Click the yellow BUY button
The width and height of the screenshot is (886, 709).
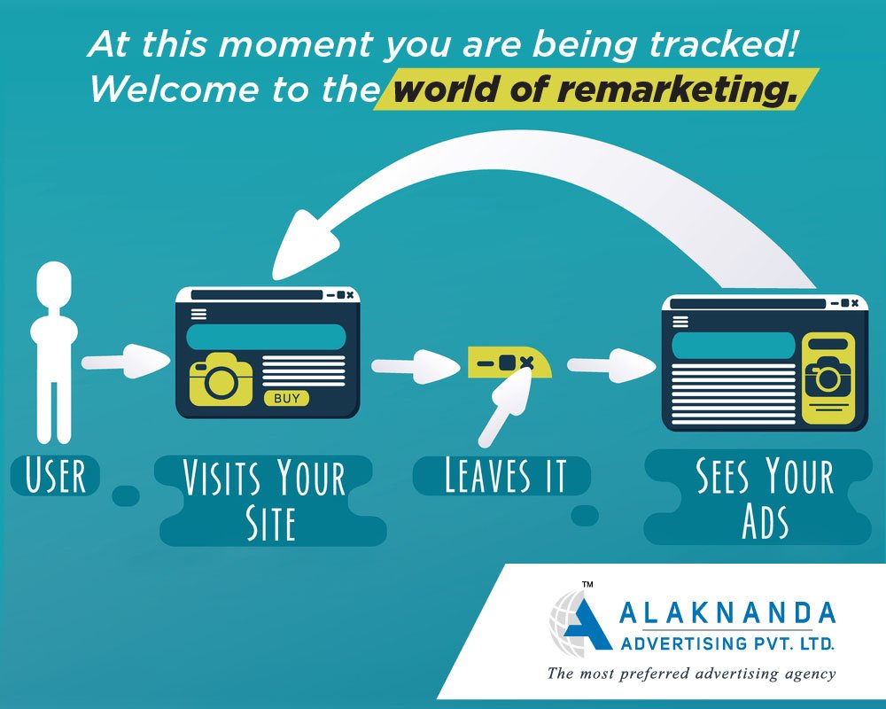tap(286, 398)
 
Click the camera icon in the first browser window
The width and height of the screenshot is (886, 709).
tap(221, 379)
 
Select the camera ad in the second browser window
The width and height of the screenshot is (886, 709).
tap(828, 378)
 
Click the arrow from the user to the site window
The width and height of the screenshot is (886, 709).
tap(126, 362)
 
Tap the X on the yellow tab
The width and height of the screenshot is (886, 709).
tap(526, 362)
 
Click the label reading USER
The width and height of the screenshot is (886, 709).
tap(55, 476)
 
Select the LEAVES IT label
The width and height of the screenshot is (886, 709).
tap(505, 476)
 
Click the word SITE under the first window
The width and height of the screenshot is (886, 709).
tap(270, 523)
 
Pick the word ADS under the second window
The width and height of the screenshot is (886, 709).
tap(766, 521)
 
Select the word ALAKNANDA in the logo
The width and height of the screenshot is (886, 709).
tap(727, 613)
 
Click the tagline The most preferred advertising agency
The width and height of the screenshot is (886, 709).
tap(690, 674)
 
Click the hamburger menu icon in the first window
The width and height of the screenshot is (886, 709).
tap(198, 314)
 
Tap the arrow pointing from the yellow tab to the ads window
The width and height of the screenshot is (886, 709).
tap(611, 365)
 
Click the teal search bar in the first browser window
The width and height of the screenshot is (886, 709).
tap(266, 337)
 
